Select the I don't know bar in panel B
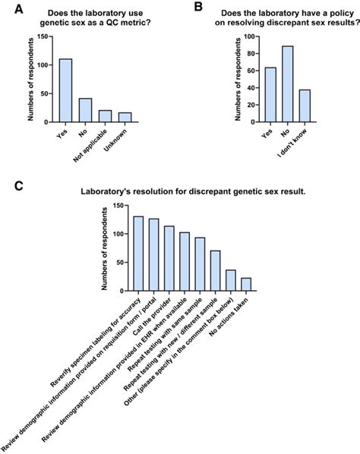[305, 106]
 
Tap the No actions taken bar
[245, 283]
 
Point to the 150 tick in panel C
[119, 206]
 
